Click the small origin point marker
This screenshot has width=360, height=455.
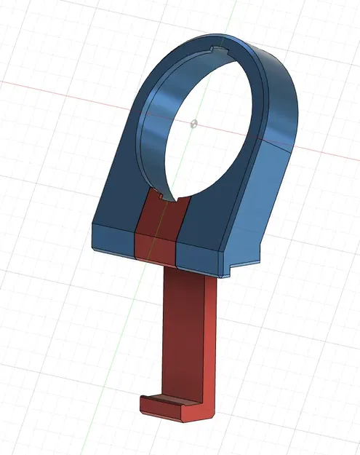coord(193,124)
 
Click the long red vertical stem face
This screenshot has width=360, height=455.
coord(185,335)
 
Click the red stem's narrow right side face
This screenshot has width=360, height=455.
coord(212,342)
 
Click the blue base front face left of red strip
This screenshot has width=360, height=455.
coord(113,238)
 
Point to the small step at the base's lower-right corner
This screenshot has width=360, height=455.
coord(225,274)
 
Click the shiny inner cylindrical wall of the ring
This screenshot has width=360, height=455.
coord(156,138)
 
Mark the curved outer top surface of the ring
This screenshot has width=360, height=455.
coord(280,87)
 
